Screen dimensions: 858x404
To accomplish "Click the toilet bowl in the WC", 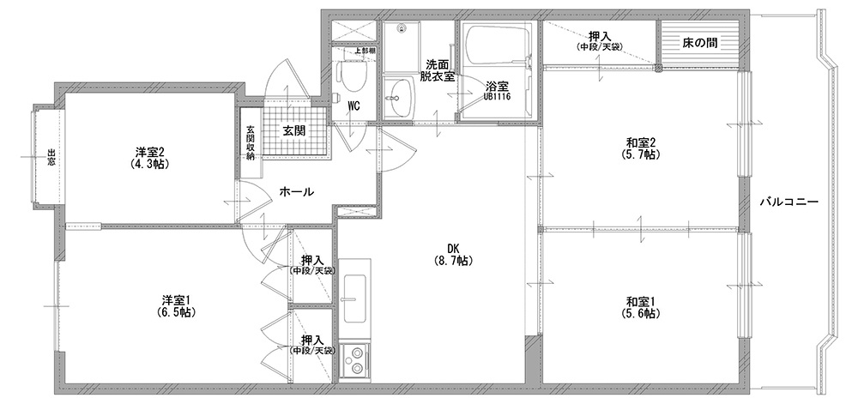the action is (x=347, y=75).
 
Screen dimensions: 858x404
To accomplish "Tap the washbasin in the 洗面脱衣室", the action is (x=398, y=96).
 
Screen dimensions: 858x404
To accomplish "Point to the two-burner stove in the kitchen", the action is (x=354, y=359).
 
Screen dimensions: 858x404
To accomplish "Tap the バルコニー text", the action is (x=789, y=202).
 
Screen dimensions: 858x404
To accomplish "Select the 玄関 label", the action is (x=294, y=131).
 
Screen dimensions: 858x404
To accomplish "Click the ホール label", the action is (x=297, y=192).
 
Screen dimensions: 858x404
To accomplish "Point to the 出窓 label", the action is (x=51, y=158).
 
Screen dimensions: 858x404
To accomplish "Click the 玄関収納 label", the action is (x=251, y=143).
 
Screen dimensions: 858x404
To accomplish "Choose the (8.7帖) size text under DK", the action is (x=452, y=262).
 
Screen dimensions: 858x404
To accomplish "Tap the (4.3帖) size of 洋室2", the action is (x=149, y=163).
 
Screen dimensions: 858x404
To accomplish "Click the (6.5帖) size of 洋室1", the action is (x=175, y=313).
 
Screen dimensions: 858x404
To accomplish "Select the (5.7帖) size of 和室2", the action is (x=641, y=154).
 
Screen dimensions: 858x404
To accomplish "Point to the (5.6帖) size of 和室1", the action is (x=640, y=314).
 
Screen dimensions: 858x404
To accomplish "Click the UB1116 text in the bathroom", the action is (x=497, y=97).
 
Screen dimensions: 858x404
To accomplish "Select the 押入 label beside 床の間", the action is (x=600, y=37).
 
